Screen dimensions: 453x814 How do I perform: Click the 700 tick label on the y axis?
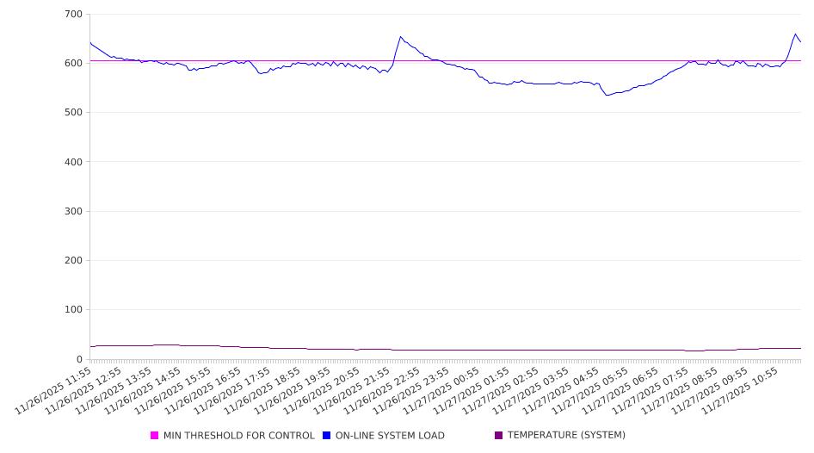point(73,15)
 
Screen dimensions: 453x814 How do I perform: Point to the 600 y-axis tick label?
point(73,64)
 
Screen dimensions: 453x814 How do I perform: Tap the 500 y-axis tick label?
point(73,113)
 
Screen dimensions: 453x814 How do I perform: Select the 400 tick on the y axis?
point(73,162)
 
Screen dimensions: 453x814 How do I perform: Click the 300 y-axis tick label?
point(73,212)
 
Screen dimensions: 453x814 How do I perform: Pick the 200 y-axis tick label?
point(73,261)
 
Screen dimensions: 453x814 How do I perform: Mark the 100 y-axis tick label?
point(73,310)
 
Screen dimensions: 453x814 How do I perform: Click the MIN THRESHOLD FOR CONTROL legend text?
point(238,436)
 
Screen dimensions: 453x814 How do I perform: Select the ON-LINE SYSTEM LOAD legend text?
point(390,436)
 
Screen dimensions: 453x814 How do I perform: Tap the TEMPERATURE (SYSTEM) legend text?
point(566,436)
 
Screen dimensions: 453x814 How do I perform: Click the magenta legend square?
point(155,436)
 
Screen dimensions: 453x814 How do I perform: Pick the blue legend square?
point(327,436)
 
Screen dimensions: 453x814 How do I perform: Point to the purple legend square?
point(499,436)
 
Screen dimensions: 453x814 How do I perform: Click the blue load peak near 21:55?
point(400,37)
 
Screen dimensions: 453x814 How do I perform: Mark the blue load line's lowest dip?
point(607,95)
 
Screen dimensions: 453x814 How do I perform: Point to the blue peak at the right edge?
point(795,34)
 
